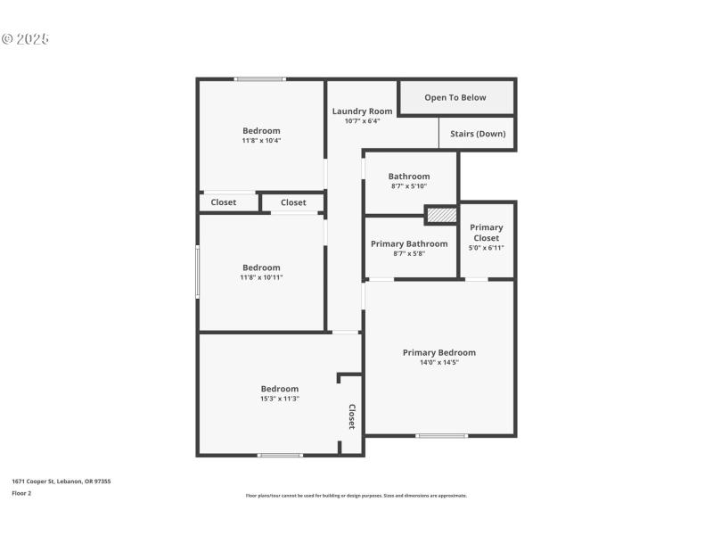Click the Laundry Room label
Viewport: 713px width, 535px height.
coord(362,111)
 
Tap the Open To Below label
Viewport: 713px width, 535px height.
coord(455,97)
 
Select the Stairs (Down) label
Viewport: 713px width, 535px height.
coord(478,134)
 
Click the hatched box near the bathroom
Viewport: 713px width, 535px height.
coord(440,215)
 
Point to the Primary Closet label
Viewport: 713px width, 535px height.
coord(487,233)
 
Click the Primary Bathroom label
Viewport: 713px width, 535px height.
coord(409,243)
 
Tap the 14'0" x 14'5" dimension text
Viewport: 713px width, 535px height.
coord(438,362)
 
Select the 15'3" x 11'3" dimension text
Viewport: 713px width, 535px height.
coord(279,399)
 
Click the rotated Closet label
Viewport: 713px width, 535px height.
coord(352,416)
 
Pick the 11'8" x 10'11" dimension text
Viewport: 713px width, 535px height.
coord(261,277)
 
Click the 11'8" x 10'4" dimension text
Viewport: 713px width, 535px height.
coord(261,140)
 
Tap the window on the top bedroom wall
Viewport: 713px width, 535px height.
coord(260,79)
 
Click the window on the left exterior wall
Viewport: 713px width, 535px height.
coord(198,271)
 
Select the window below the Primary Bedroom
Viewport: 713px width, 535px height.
coord(442,435)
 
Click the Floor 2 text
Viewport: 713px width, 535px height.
coord(21,492)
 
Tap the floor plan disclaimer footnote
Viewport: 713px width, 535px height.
coord(356,496)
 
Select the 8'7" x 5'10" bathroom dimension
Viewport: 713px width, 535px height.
coord(409,185)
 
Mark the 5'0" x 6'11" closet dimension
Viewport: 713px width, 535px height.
coord(487,247)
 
